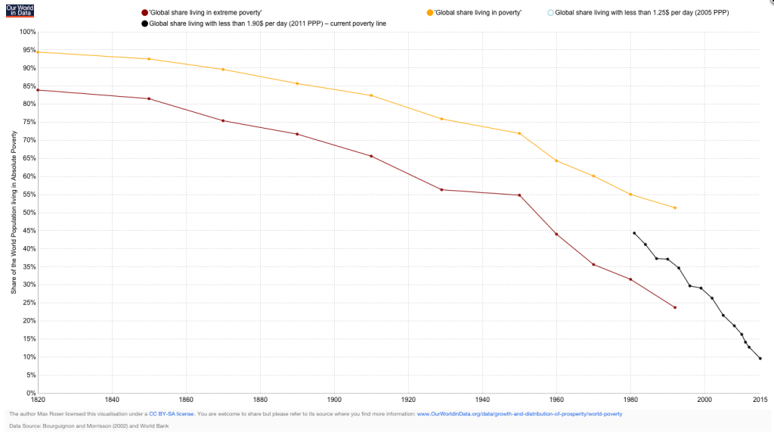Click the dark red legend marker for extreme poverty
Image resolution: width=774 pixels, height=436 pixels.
tap(144, 13)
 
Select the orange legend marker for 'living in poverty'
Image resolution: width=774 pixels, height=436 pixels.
tap(430, 13)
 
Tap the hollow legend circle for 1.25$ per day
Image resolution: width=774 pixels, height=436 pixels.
tap(550, 13)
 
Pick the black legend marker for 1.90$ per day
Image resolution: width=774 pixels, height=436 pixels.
tap(144, 23)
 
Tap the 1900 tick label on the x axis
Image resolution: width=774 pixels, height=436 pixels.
tap(334, 399)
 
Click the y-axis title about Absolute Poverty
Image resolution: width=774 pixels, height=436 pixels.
tap(14, 212)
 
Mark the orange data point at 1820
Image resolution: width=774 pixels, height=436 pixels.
tap(38, 51)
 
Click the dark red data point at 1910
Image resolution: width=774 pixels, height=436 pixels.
tap(371, 156)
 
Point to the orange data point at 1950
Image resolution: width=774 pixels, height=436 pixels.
tap(519, 133)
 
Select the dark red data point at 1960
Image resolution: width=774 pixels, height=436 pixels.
tap(556, 234)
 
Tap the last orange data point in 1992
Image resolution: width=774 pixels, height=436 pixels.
tap(674, 207)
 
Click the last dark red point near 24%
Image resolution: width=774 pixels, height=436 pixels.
tap(674, 307)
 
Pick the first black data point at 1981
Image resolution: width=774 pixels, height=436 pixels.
tap(634, 232)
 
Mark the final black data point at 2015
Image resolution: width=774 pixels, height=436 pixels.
tap(760, 358)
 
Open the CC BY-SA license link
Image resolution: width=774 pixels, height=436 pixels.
tap(172, 414)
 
